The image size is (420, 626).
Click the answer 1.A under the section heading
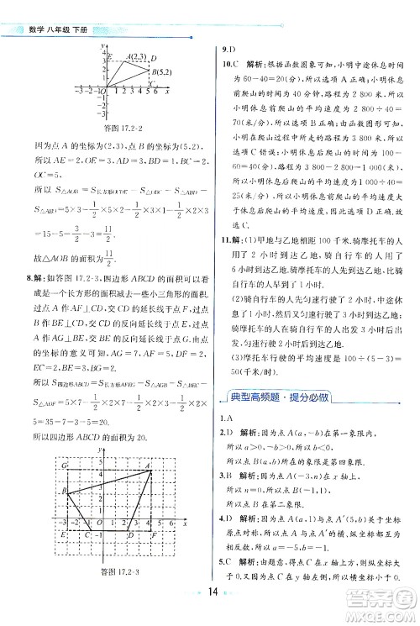(226, 418)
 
